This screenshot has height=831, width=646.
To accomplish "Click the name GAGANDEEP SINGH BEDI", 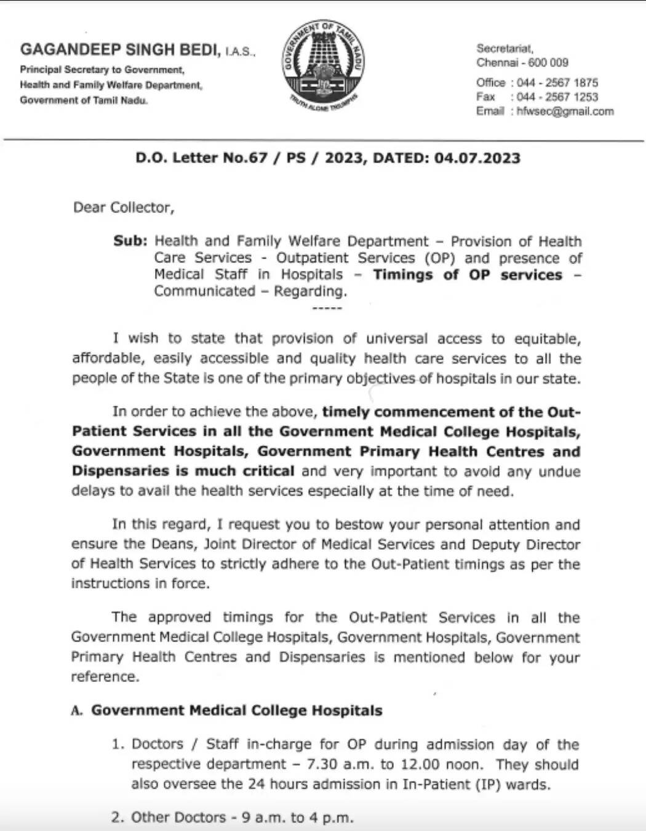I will (120, 50).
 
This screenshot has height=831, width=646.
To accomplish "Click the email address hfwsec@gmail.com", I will (565, 111).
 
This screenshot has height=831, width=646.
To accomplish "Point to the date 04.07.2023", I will (477, 158).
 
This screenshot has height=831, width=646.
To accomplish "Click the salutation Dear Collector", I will (124, 207).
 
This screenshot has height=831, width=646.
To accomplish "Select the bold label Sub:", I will (130, 241).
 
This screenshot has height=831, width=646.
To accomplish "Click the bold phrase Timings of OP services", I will (467, 275).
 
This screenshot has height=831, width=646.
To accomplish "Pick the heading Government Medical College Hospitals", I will (237, 710).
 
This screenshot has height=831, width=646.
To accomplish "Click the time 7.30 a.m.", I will (336, 765).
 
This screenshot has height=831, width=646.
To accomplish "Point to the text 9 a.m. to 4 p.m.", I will (297, 817).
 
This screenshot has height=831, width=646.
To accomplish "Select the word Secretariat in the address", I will (504, 49).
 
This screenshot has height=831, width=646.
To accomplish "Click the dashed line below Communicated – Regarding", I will (327, 307).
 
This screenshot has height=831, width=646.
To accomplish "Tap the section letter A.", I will (77, 711).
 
